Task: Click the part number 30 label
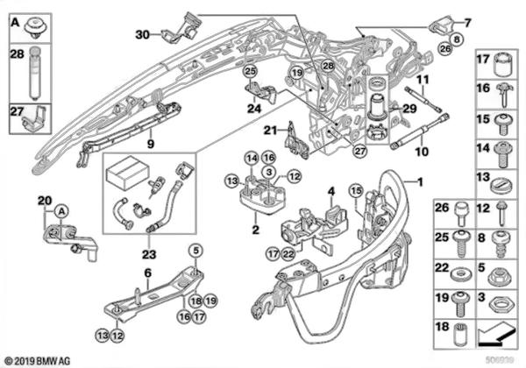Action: tap(143, 34)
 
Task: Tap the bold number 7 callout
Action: tap(467, 21)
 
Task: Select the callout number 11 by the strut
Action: tap(422, 81)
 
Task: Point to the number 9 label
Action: tap(151, 144)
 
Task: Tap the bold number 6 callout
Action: tap(147, 273)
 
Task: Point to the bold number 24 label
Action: tap(254, 110)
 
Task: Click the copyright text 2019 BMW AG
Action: tap(41, 358)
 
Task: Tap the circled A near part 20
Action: tap(61, 210)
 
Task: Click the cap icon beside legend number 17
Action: tap(504, 66)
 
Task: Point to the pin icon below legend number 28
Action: tap(33, 72)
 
